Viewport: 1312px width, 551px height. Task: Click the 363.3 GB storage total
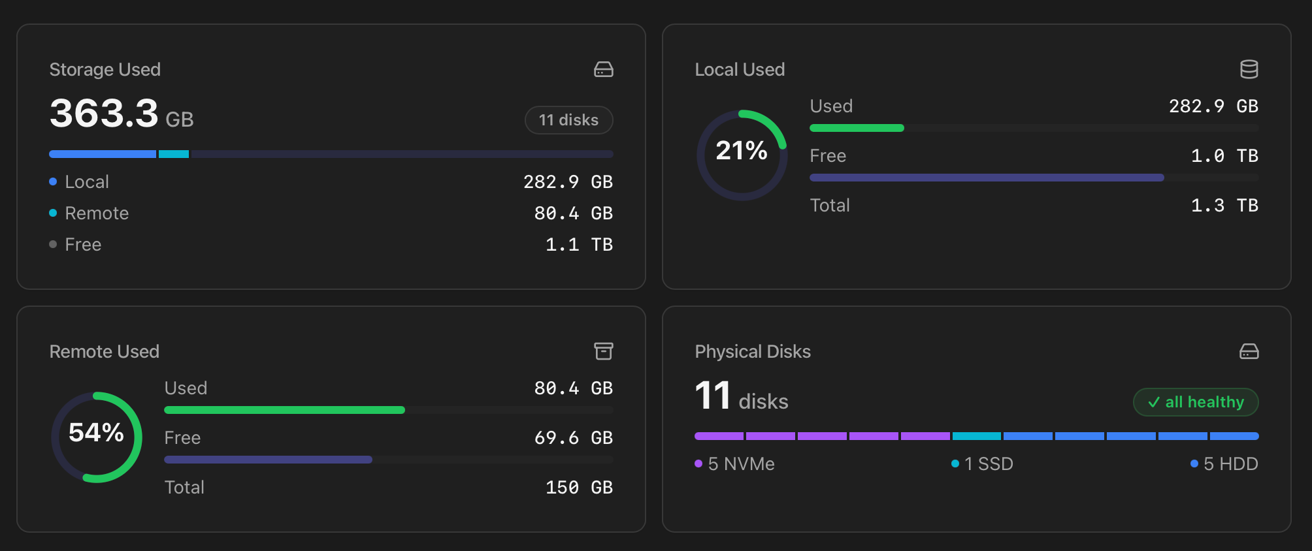point(122,114)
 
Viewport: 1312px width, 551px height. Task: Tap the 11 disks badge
point(568,120)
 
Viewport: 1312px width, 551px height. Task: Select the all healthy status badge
point(1196,402)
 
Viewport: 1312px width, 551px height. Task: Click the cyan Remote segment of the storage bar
point(174,154)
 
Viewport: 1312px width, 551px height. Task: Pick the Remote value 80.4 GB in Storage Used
point(573,213)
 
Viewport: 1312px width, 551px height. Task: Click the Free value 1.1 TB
point(579,245)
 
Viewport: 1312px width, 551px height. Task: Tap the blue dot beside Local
point(53,181)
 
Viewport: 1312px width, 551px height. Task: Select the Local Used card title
point(740,70)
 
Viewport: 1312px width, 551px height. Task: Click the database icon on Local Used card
point(1249,69)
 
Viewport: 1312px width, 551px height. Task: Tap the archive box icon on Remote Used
point(603,351)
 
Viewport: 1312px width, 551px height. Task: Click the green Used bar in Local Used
point(857,128)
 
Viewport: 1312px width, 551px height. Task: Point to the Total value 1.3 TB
point(1224,206)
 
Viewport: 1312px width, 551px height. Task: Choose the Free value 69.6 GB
point(573,438)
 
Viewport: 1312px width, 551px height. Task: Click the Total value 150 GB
point(579,488)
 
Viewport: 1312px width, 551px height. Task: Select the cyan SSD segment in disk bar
point(976,436)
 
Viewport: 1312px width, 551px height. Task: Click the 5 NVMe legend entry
point(734,464)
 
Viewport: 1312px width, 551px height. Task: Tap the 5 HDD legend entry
point(1224,464)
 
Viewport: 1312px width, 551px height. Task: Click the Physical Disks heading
point(753,352)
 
